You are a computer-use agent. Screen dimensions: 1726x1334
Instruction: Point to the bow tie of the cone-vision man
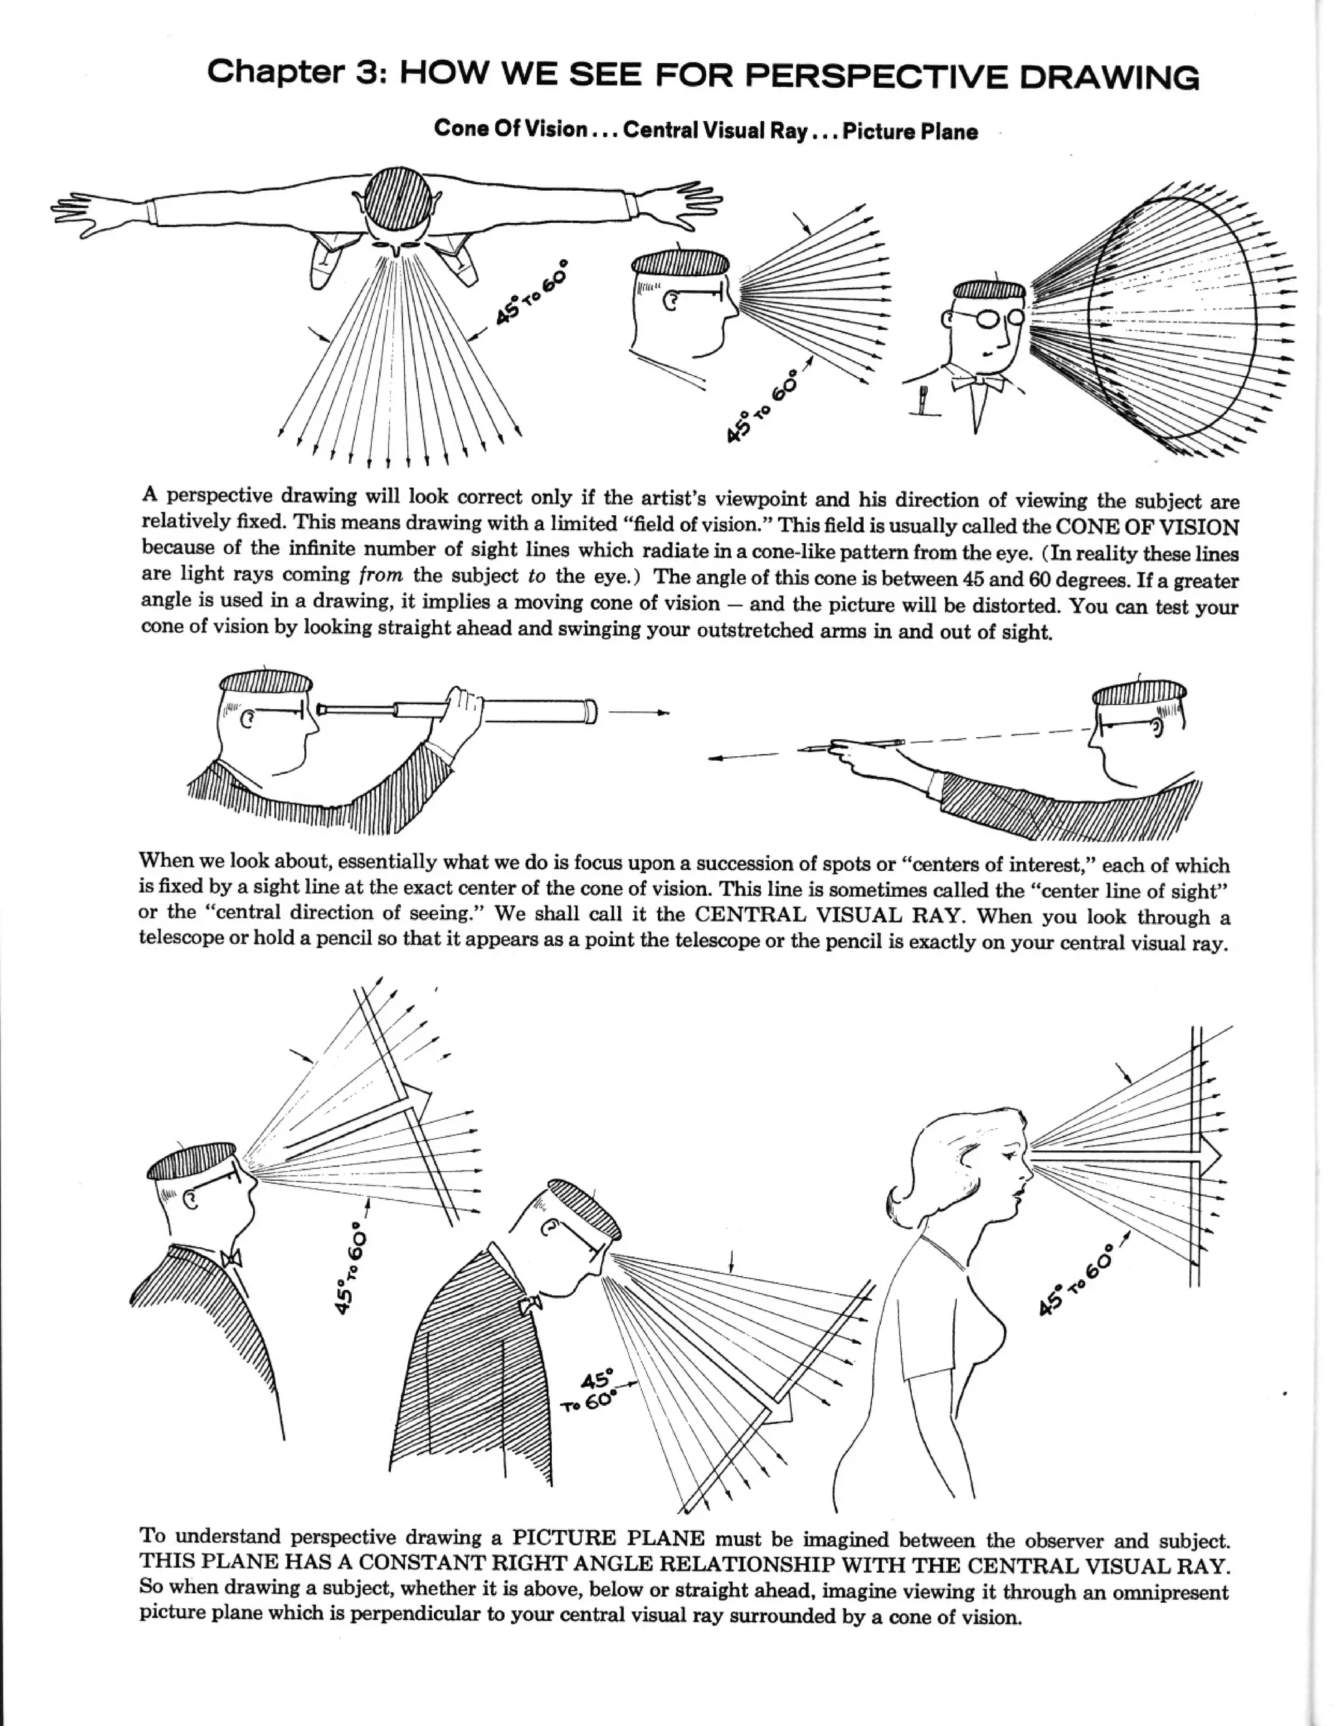pyautogui.click(x=978, y=383)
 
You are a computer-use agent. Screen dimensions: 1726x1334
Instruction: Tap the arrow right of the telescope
pyautogui.click(x=640, y=713)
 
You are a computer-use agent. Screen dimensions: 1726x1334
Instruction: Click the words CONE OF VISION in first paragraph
pyautogui.click(x=1148, y=526)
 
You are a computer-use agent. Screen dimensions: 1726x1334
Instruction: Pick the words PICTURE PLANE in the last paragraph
pyautogui.click(x=608, y=1538)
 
